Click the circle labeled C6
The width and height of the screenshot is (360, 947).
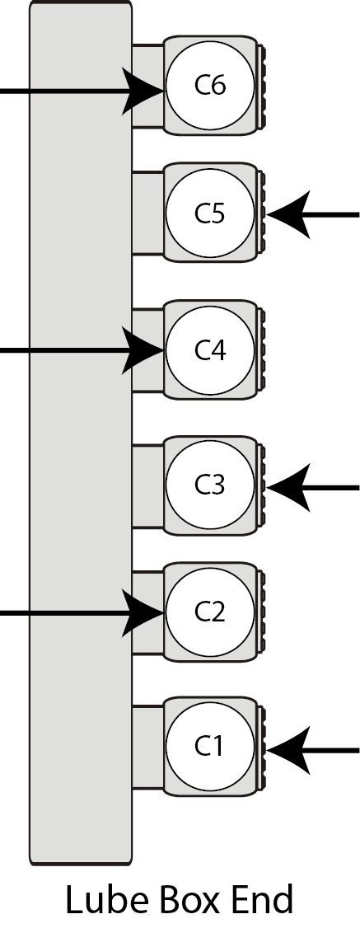pyautogui.click(x=210, y=85)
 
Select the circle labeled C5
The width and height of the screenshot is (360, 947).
pyautogui.click(x=210, y=213)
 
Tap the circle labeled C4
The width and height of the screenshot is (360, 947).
pyautogui.click(x=210, y=350)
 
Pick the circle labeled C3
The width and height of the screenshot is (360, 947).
pyautogui.click(x=210, y=485)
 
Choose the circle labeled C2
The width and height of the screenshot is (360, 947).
pyautogui.click(x=210, y=612)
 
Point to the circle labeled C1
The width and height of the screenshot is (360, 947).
pyautogui.click(x=210, y=747)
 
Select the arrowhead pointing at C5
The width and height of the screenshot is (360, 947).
pyautogui.click(x=288, y=214)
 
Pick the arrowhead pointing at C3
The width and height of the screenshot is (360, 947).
pyautogui.click(x=288, y=487)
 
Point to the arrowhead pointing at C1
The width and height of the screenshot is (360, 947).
pyautogui.click(x=288, y=751)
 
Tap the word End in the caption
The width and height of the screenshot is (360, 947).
pyautogui.click(x=260, y=900)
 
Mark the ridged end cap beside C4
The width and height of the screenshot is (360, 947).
pyautogui.click(x=261, y=349)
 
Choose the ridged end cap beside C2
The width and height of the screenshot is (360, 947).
pyautogui.click(x=261, y=612)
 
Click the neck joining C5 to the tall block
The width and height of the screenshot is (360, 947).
pyautogui.click(x=148, y=213)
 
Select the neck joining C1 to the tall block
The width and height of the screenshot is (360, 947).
pyautogui.click(x=148, y=747)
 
